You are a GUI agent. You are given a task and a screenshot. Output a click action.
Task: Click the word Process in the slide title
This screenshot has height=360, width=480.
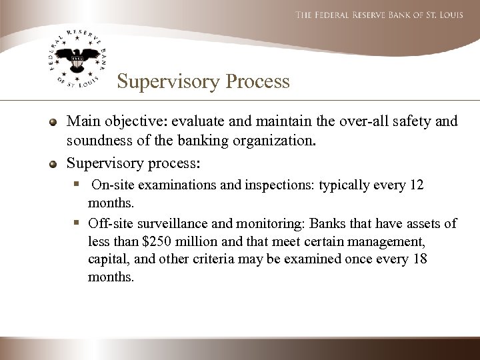click(257, 82)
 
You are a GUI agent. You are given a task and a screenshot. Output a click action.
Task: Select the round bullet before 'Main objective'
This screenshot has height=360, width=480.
click(52, 123)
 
